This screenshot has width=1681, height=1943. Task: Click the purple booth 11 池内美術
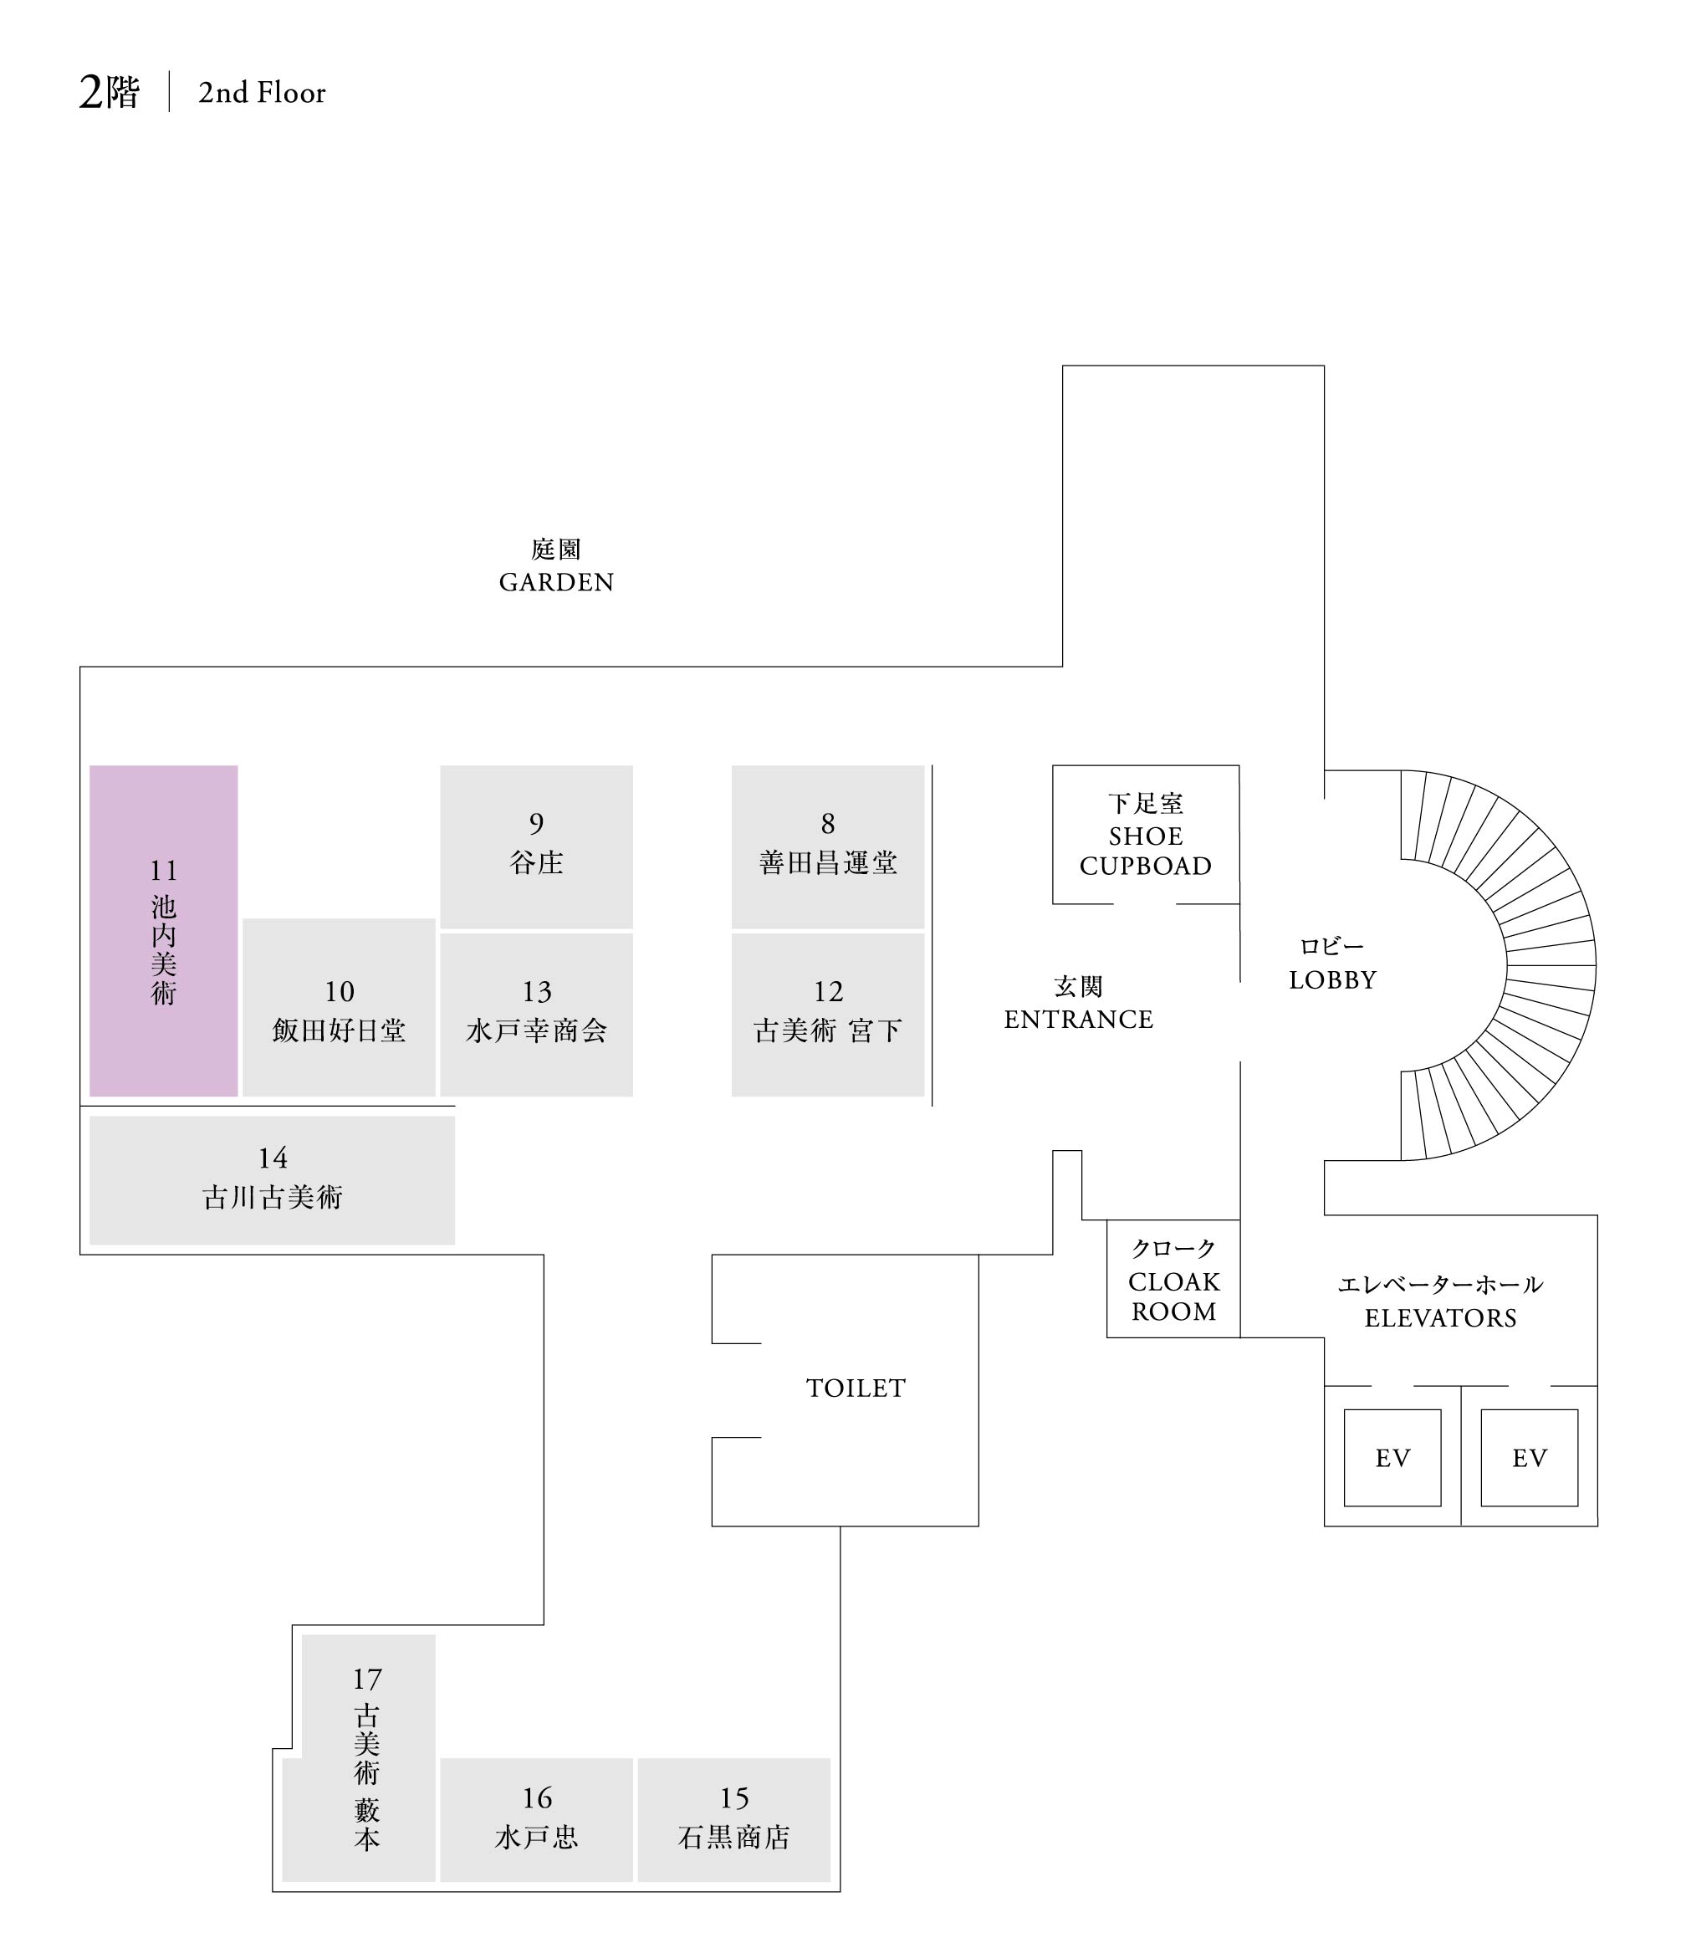tap(163, 931)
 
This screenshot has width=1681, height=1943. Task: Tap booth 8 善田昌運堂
tap(827, 846)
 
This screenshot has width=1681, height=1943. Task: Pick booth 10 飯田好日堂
tap(339, 1008)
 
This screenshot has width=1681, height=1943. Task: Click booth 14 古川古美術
tap(272, 1179)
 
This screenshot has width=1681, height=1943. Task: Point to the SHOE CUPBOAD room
tap(1146, 834)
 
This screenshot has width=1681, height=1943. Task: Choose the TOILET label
tap(856, 1388)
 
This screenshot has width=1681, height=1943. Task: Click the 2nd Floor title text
tap(262, 93)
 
